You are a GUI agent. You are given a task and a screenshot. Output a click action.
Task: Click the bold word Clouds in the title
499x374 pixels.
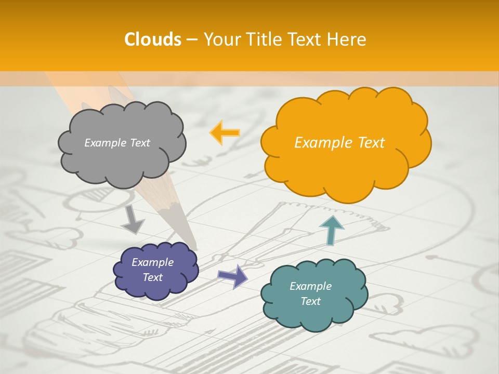(x=153, y=39)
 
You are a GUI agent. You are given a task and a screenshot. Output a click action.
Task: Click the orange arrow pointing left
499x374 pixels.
(x=225, y=132)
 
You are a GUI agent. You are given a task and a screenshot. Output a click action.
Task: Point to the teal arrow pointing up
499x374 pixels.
(x=331, y=230)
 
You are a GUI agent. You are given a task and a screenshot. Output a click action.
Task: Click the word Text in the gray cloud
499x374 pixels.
(x=139, y=143)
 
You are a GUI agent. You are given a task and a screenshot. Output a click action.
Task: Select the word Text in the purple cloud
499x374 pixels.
(x=153, y=277)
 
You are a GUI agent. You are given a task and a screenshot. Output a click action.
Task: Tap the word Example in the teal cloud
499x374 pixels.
(x=310, y=286)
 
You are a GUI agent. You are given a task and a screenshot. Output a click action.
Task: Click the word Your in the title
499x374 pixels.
(x=222, y=39)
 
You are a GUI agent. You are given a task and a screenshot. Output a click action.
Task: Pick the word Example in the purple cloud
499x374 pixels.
(x=153, y=262)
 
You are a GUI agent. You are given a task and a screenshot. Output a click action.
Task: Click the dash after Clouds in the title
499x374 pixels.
(x=191, y=40)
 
